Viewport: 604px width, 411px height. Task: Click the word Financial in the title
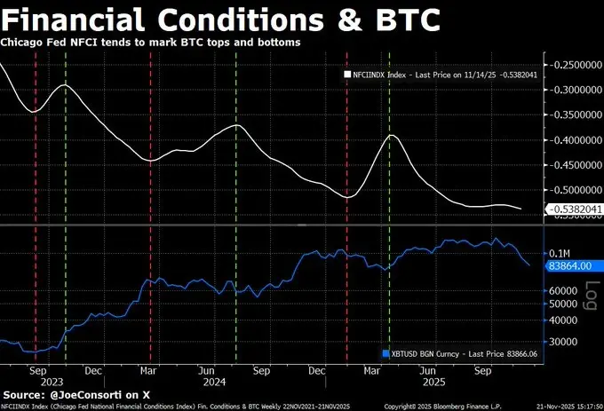click(79, 19)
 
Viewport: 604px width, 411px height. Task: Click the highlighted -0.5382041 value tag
click(575, 209)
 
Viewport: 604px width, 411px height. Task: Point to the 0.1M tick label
click(560, 253)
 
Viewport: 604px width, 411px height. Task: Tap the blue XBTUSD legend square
click(385, 352)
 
